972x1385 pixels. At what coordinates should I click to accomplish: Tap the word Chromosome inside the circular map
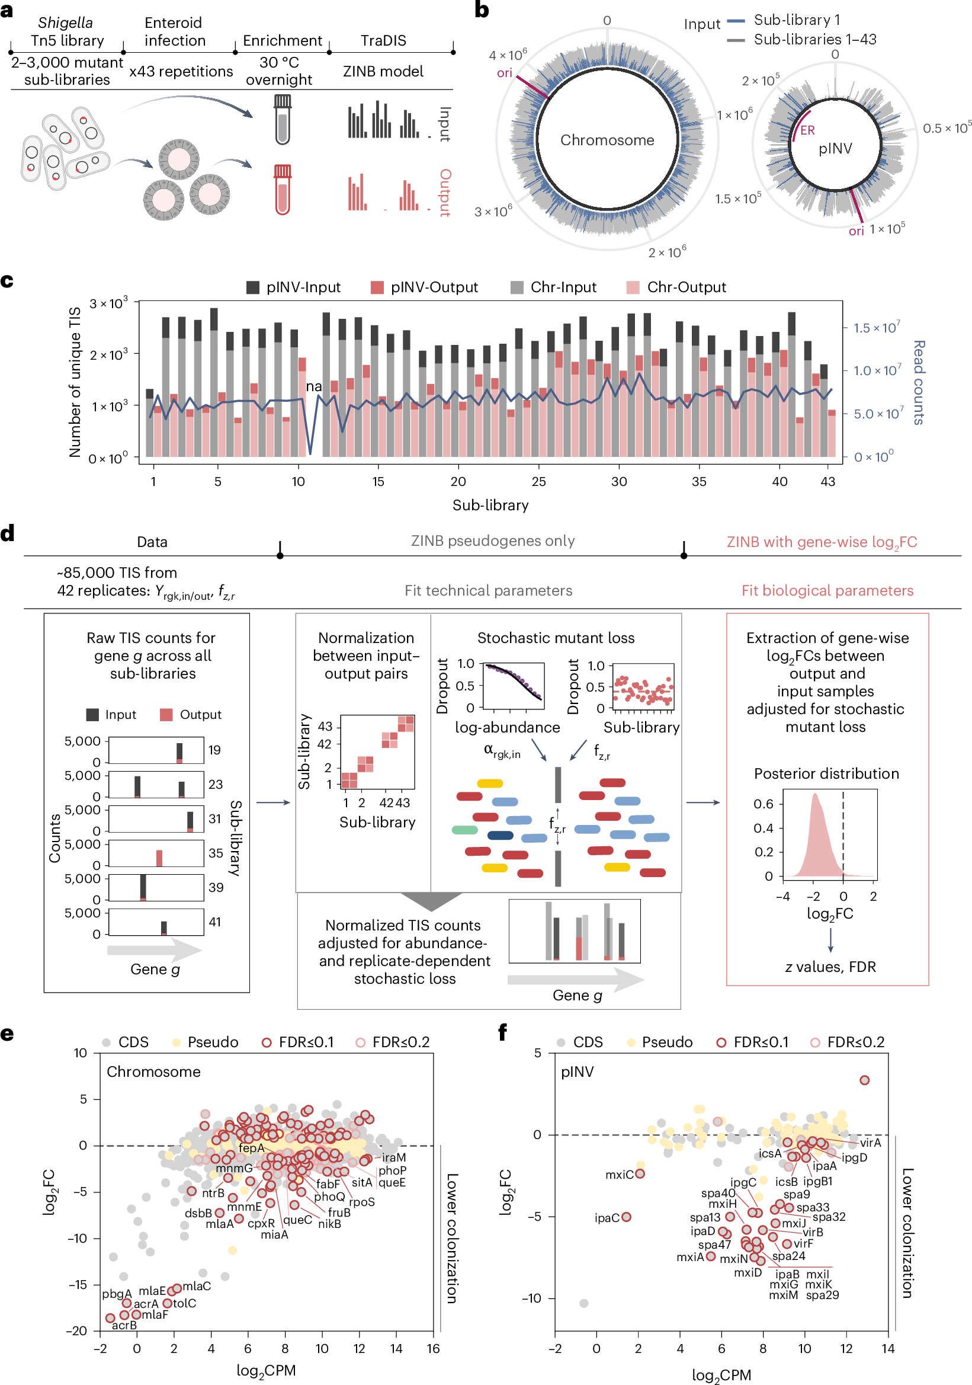[607, 140]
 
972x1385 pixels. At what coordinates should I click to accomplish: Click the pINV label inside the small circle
[835, 148]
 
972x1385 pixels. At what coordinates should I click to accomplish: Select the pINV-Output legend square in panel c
[377, 287]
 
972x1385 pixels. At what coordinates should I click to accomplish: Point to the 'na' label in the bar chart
[313, 386]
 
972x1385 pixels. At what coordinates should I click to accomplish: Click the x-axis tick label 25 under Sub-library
[538, 481]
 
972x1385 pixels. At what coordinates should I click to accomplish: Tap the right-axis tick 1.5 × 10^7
[875, 328]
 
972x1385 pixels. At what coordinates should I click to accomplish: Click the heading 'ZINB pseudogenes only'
[493, 540]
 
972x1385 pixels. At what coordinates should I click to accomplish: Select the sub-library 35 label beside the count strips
[215, 853]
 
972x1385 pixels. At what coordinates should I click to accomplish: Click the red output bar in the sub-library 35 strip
[159, 857]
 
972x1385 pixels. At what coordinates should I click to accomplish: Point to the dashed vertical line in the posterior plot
[842, 833]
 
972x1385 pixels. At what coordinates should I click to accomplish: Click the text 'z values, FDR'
[830, 967]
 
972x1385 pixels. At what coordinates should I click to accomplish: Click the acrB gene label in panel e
[124, 1325]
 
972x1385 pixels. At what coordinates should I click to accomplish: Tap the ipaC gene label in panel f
[607, 1218]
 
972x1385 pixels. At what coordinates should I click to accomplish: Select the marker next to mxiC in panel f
[640, 1173]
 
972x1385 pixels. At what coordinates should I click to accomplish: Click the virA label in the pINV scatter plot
[870, 1143]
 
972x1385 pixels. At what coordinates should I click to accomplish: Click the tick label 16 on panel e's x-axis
[433, 1348]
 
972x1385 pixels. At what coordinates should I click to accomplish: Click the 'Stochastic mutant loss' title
[556, 638]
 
